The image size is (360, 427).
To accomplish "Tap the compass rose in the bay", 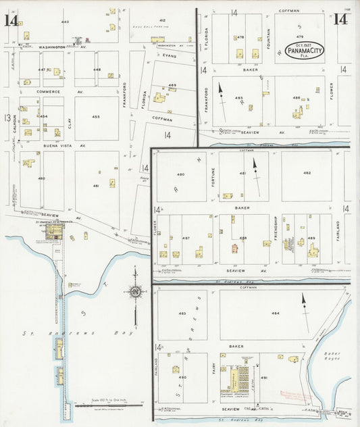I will click(x=136, y=292).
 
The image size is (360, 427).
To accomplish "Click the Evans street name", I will click(x=168, y=56).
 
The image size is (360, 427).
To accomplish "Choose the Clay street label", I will click(x=69, y=123).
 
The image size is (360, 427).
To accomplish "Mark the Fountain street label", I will click(x=269, y=32).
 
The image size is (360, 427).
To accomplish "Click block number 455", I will click(x=96, y=117).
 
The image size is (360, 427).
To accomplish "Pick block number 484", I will click(x=276, y=313).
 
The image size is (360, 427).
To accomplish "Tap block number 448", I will click(x=97, y=70).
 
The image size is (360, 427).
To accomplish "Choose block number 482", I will click(x=307, y=174).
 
